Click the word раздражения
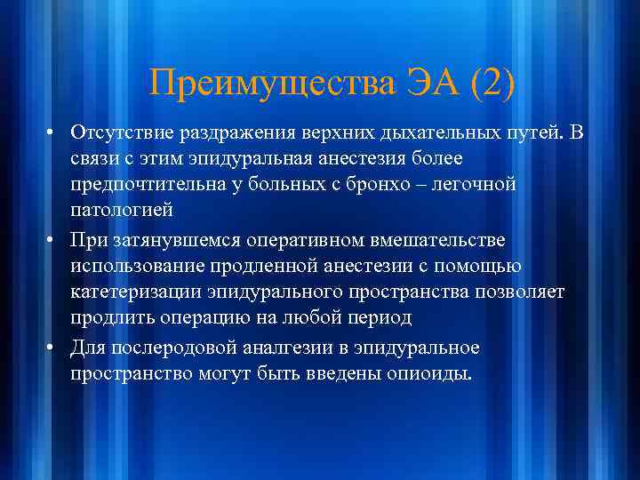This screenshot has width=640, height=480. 228,132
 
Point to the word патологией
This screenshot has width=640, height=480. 119,212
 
